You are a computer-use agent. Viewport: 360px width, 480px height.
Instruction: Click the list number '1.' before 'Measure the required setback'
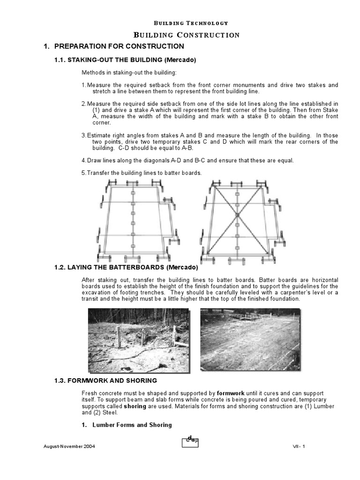pos(84,85)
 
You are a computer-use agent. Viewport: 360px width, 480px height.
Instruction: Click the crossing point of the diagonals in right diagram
pos(238,215)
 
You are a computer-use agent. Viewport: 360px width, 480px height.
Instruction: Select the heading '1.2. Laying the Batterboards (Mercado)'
pos(127,268)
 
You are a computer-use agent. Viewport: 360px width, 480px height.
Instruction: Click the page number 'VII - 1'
pos(296,447)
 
